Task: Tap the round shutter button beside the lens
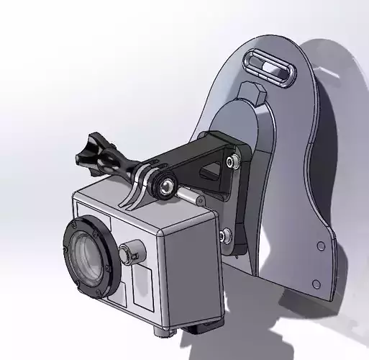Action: pyautogui.click(x=129, y=253)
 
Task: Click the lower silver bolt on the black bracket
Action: pyautogui.click(x=226, y=235)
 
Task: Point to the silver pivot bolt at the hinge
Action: pyautogui.click(x=167, y=186)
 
